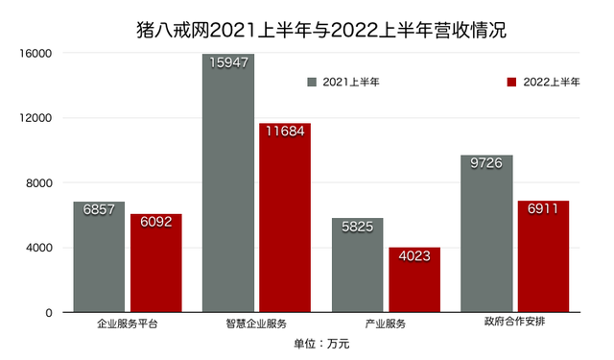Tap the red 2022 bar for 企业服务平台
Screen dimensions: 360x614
(156, 263)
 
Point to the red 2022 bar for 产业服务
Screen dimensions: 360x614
(414, 280)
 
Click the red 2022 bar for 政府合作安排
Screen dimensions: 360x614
(544, 256)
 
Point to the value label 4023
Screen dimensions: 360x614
(414, 256)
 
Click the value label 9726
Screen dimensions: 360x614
(486, 165)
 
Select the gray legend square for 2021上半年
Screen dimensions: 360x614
(312, 83)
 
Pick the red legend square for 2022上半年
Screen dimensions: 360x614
(511, 83)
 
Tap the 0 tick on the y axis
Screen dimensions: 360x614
(47, 313)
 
